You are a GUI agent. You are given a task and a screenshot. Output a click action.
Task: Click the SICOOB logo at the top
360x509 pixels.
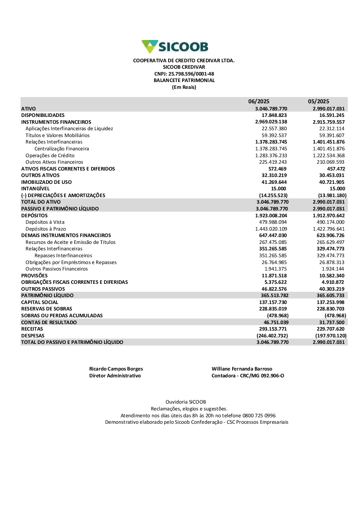click(175, 47)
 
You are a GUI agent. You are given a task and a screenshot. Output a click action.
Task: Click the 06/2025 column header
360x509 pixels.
click(258, 101)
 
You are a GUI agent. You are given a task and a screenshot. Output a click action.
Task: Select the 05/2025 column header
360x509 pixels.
click(318, 101)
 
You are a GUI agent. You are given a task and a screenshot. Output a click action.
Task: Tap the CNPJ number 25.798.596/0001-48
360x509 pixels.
click(191, 74)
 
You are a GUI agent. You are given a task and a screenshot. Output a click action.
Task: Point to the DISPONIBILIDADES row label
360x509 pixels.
click(43, 115)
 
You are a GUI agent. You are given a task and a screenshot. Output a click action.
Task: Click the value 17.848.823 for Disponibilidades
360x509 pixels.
click(274, 115)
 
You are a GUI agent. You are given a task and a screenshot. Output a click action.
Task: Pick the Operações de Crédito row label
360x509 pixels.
click(50, 155)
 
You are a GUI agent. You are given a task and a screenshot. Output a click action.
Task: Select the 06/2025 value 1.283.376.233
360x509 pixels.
click(271, 155)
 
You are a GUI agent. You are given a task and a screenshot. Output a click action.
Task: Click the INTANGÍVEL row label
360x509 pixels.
click(35, 188)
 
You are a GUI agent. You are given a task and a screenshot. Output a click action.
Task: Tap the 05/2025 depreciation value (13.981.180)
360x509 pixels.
click(332, 195)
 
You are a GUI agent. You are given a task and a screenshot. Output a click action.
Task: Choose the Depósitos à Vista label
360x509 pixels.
click(45, 222)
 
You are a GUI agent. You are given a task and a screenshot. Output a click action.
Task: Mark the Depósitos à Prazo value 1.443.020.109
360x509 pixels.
click(271, 229)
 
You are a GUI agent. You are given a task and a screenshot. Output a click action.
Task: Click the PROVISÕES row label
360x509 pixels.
click(34, 276)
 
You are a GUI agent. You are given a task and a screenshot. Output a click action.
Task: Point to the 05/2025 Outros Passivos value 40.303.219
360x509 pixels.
click(332, 289)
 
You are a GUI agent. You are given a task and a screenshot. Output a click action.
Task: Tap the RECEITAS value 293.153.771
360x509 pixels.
click(273, 329)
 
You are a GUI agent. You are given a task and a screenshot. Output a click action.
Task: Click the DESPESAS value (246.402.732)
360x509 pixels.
click(272, 336)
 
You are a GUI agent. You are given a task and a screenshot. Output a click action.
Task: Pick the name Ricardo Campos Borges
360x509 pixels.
click(116, 369)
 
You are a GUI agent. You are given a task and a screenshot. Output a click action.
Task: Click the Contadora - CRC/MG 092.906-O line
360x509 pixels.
click(248, 376)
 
